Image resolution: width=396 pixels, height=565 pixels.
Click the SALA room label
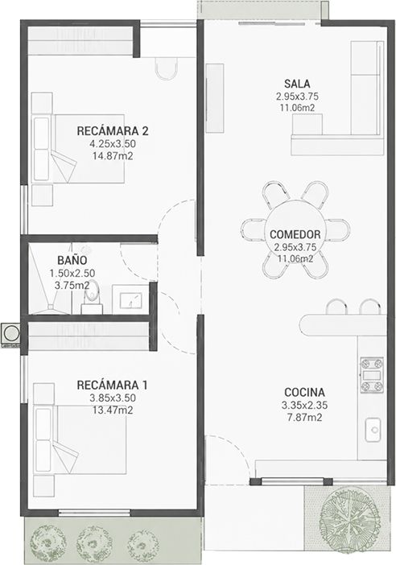(x=297, y=84)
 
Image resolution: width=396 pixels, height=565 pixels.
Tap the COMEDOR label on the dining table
(x=295, y=234)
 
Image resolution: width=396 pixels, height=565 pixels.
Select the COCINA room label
(x=304, y=392)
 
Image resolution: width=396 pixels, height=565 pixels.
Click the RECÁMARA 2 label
(x=113, y=131)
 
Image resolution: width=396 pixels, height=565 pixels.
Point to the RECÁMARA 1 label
(x=112, y=385)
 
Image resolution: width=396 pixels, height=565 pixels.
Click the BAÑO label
(x=72, y=260)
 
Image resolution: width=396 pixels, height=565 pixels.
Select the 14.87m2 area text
(x=113, y=156)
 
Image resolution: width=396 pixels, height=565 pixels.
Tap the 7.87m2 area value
(x=304, y=418)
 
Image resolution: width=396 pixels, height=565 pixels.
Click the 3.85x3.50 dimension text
(x=113, y=398)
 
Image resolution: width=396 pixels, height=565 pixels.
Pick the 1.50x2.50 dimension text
(x=72, y=273)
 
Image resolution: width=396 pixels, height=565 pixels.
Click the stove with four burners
(x=372, y=376)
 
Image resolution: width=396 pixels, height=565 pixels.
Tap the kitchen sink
(x=373, y=430)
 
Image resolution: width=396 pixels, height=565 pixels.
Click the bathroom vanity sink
(x=130, y=299)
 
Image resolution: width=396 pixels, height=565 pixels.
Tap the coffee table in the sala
(x=307, y=124)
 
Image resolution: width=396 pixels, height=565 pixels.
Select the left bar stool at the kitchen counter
(x=336, y=307)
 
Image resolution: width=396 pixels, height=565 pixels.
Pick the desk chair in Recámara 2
(x=167, y=68)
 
